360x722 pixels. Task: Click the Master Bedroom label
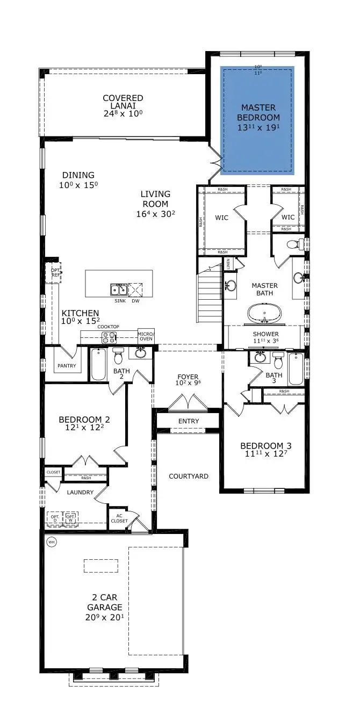[x=260, y=112]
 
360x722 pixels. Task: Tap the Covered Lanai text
[x=123, y=102]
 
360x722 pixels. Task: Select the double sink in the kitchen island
[x=119, y=290]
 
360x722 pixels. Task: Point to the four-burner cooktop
[x=109, y=338]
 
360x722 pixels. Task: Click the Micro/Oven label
[x=146, y=335]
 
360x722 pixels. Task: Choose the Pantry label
[x=67, y=366]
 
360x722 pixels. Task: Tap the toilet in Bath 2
[x=118, y=357]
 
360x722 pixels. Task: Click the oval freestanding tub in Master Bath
[x=264, y=313]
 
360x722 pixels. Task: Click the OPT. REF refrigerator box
[x=55, y=272]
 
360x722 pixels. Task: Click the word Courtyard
[x=189, y=476]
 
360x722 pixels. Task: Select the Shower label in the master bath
[x=266, y=334]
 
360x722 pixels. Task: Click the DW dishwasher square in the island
[x=135, y=290]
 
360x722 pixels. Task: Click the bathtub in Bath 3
[x=296, y=369]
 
